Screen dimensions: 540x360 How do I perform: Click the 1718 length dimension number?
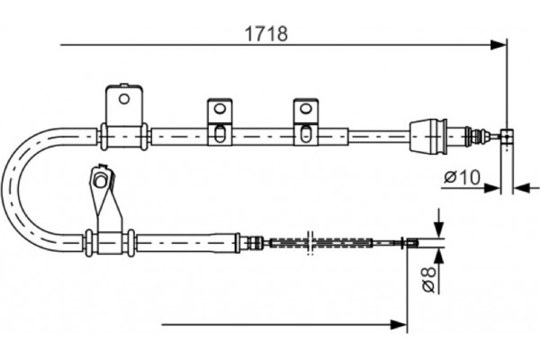click(265, 34)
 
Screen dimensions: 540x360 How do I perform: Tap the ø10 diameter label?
click(462, 177)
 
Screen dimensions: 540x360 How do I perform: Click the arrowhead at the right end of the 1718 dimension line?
click(499, 45)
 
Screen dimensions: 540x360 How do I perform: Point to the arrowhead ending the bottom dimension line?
click(399, 325)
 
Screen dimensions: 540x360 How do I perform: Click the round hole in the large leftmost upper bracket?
click(124, 99)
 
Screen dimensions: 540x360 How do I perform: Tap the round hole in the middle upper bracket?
click(220, 109)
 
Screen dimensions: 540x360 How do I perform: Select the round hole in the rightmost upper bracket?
click(305, 109)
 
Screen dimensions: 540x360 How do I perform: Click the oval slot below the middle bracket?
click(220, 134)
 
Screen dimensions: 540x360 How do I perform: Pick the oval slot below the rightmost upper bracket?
click(305, 134)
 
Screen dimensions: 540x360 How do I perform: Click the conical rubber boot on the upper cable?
click(428, 136)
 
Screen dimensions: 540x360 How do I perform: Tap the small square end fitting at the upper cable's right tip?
click(507, 136)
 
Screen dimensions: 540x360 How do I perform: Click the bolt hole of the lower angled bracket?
click(100, 181)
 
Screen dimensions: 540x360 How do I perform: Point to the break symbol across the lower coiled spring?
click(310, 242)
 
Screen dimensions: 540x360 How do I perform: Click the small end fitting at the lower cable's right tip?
click(411, 243)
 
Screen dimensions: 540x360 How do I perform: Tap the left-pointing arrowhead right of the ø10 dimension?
click(521, 188)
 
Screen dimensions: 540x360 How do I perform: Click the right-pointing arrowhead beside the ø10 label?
click(491, 188)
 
